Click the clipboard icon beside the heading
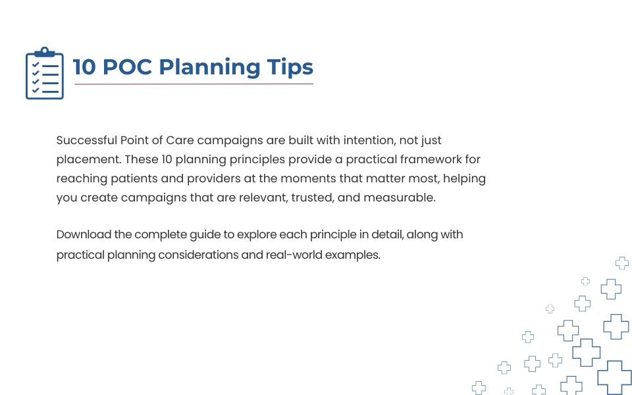(45, 73)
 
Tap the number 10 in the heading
(84, 67)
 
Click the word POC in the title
(127, 67)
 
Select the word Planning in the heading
(209, 67)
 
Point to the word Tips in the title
(290, 67)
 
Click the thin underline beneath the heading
(194, 84)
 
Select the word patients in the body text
(134, 178)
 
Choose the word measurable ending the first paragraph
(400, 198)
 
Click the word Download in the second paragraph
(84, 234)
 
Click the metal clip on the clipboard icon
(45, 52)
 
